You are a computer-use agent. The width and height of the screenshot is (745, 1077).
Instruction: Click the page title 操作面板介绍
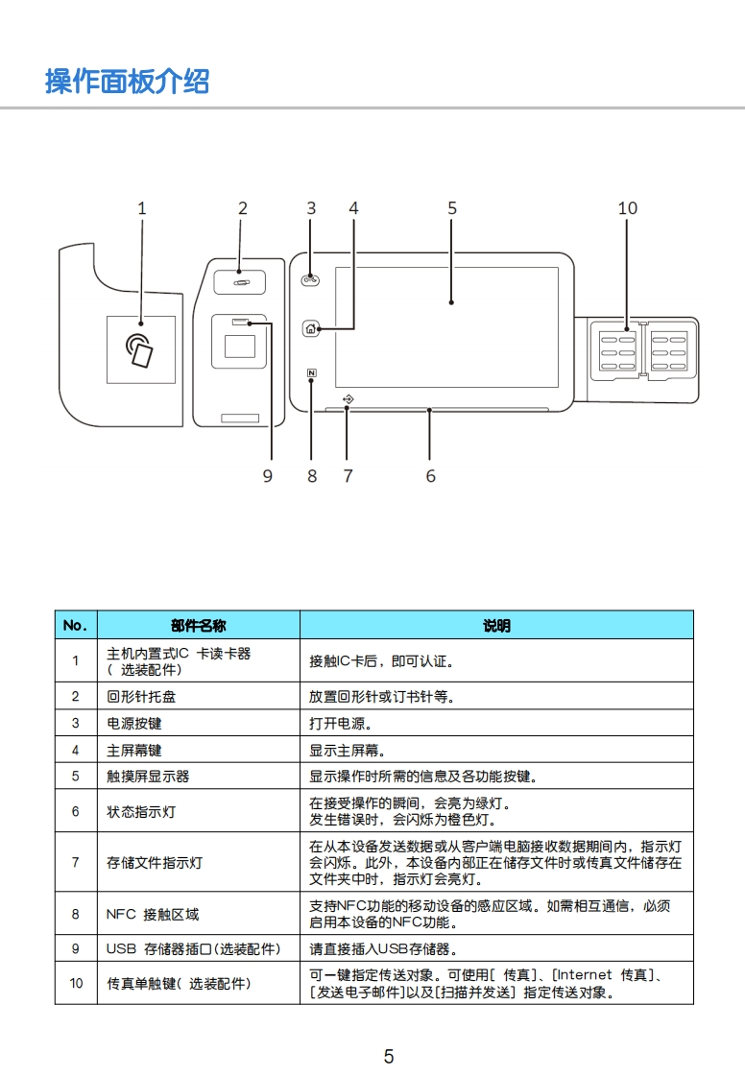pyautogui.click(x=127, y=82)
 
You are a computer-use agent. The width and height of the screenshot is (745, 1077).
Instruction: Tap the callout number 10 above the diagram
pyautogui.click(x=627, y=208)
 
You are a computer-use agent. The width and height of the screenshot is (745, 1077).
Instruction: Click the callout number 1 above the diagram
pyautogui.click(x=142, y=208)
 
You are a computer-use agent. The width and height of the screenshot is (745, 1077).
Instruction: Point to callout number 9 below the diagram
pyautogui.click(x=268, y=476)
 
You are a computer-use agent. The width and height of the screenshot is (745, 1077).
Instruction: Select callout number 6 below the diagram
pyautogui.click(x=430, y=476)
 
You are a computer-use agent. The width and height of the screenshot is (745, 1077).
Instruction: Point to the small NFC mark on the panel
pyautogui.click(x=312, y=374)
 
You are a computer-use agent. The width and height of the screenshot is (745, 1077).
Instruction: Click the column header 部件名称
pyautogui.click(x=199, y=626)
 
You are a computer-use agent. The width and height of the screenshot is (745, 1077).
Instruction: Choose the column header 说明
pyautogui.click(x=496, y=626)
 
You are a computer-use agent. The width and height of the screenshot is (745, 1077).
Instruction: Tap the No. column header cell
pyautogui.click(x=75, y=626)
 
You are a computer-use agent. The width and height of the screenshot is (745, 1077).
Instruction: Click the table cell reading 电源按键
pyautogui.click(x=134, y=724)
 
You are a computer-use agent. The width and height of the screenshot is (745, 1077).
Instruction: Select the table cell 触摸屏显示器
pyautogui.click(x=148, y=777)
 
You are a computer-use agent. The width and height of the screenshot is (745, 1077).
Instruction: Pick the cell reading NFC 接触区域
pyautogui.click(x=153, y=915)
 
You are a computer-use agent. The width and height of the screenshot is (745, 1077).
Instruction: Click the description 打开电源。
pyautogui.click(x=341, y=724)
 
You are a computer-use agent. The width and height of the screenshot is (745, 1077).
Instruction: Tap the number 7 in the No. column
pyautogui.click(x=75, y=862)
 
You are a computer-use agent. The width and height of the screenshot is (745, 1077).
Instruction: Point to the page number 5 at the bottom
pyautogui.click(x=389, y=1057)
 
